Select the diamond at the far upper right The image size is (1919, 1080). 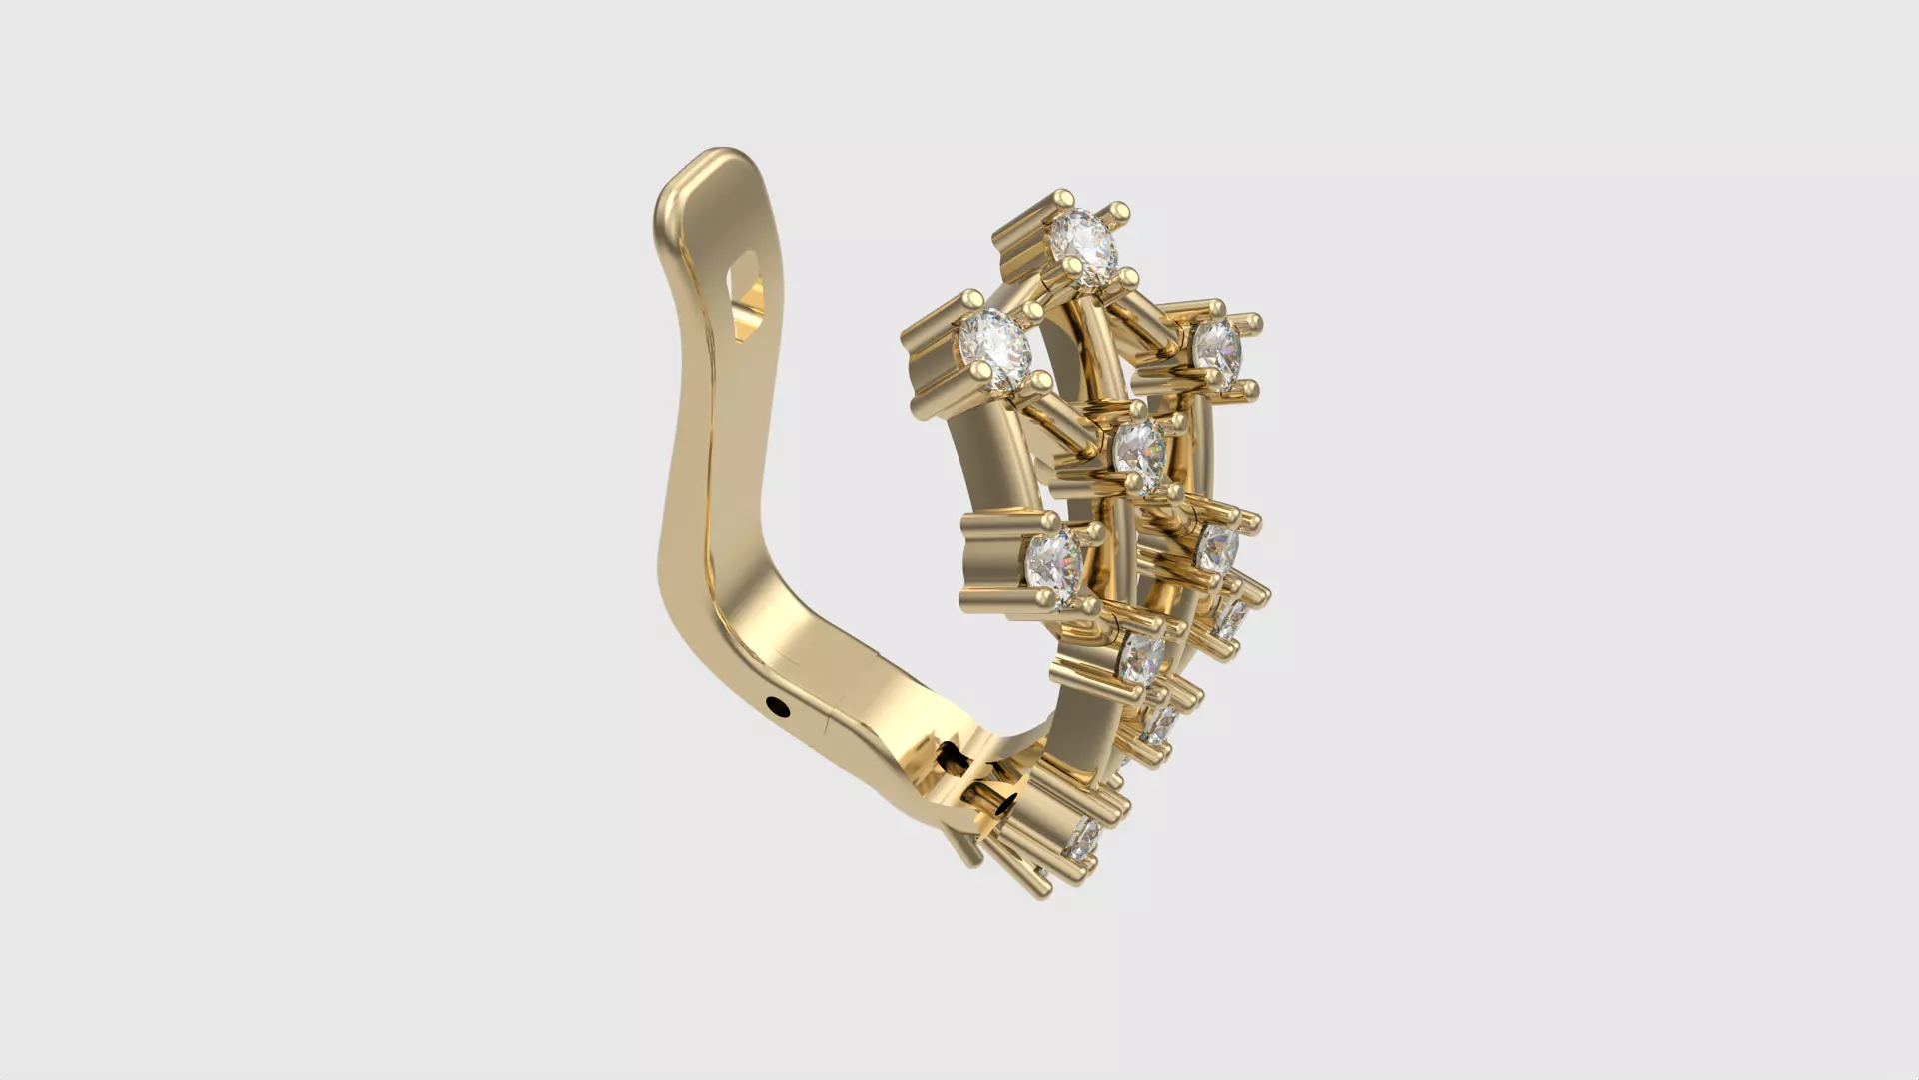click(1216, 347)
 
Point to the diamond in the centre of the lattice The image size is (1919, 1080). click(1139, 448)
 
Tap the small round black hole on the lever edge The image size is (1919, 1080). click(778, 709)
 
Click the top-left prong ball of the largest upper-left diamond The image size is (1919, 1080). click(970, 299)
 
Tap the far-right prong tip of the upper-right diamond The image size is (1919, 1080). click(1253, 322)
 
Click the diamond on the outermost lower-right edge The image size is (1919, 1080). click(1231, 620)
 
